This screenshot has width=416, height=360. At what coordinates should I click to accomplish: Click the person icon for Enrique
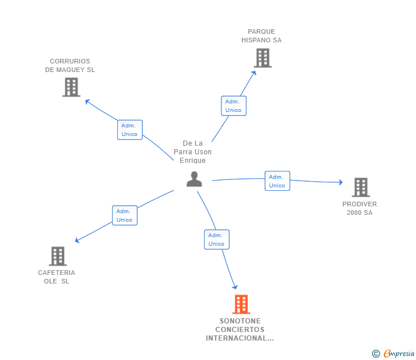pyautogui.click(x=194, y=179)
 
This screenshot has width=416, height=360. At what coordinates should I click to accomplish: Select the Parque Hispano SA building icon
pyautogui.click(x=262, y=58)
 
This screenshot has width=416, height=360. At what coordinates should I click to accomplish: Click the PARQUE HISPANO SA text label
pyautogui.click(x=261, y=36)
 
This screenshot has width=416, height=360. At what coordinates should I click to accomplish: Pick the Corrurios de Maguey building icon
pyautogui.click(x=71, y=87)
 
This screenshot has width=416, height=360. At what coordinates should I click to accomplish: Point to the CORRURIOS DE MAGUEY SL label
pyautogui.click(x=70, y=66)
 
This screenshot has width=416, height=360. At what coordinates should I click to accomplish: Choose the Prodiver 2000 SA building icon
pyautogui.click(x=360, y=187)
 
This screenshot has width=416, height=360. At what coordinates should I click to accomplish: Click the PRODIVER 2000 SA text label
pyautogui.click(x=359, y=209)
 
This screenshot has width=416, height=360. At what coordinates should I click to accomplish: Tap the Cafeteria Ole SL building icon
pyautogui.click(x=57, y=256)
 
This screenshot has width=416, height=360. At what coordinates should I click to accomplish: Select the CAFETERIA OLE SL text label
pyautogui.click(x=57, y=277)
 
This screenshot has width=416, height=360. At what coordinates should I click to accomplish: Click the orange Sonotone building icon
pyautogui.click(x=241, y=304)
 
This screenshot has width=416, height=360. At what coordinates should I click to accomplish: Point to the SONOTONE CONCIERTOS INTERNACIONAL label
pyautogui.click(x=240, y=330)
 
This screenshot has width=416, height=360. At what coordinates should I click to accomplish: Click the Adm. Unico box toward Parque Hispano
pyautogui.click(x=233, y=106)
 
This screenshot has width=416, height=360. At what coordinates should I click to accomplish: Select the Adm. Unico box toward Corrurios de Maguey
pyautogui.click(x=130, y=130)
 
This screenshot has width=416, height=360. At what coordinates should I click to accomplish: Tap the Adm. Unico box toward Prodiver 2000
pyautogui.click(x=277, y=181)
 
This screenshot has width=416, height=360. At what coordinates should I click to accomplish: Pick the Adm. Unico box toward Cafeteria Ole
pyautogui.click(x=125, y=215)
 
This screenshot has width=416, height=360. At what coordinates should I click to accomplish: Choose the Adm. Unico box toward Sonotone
pyautogui.click(x=217, y=239)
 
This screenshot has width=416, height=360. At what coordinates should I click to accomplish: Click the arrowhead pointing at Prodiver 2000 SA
pyautogui.click(x=341, y=182)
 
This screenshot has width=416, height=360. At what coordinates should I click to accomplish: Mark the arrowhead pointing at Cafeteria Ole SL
pyautogui.click(x=77, y=241)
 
